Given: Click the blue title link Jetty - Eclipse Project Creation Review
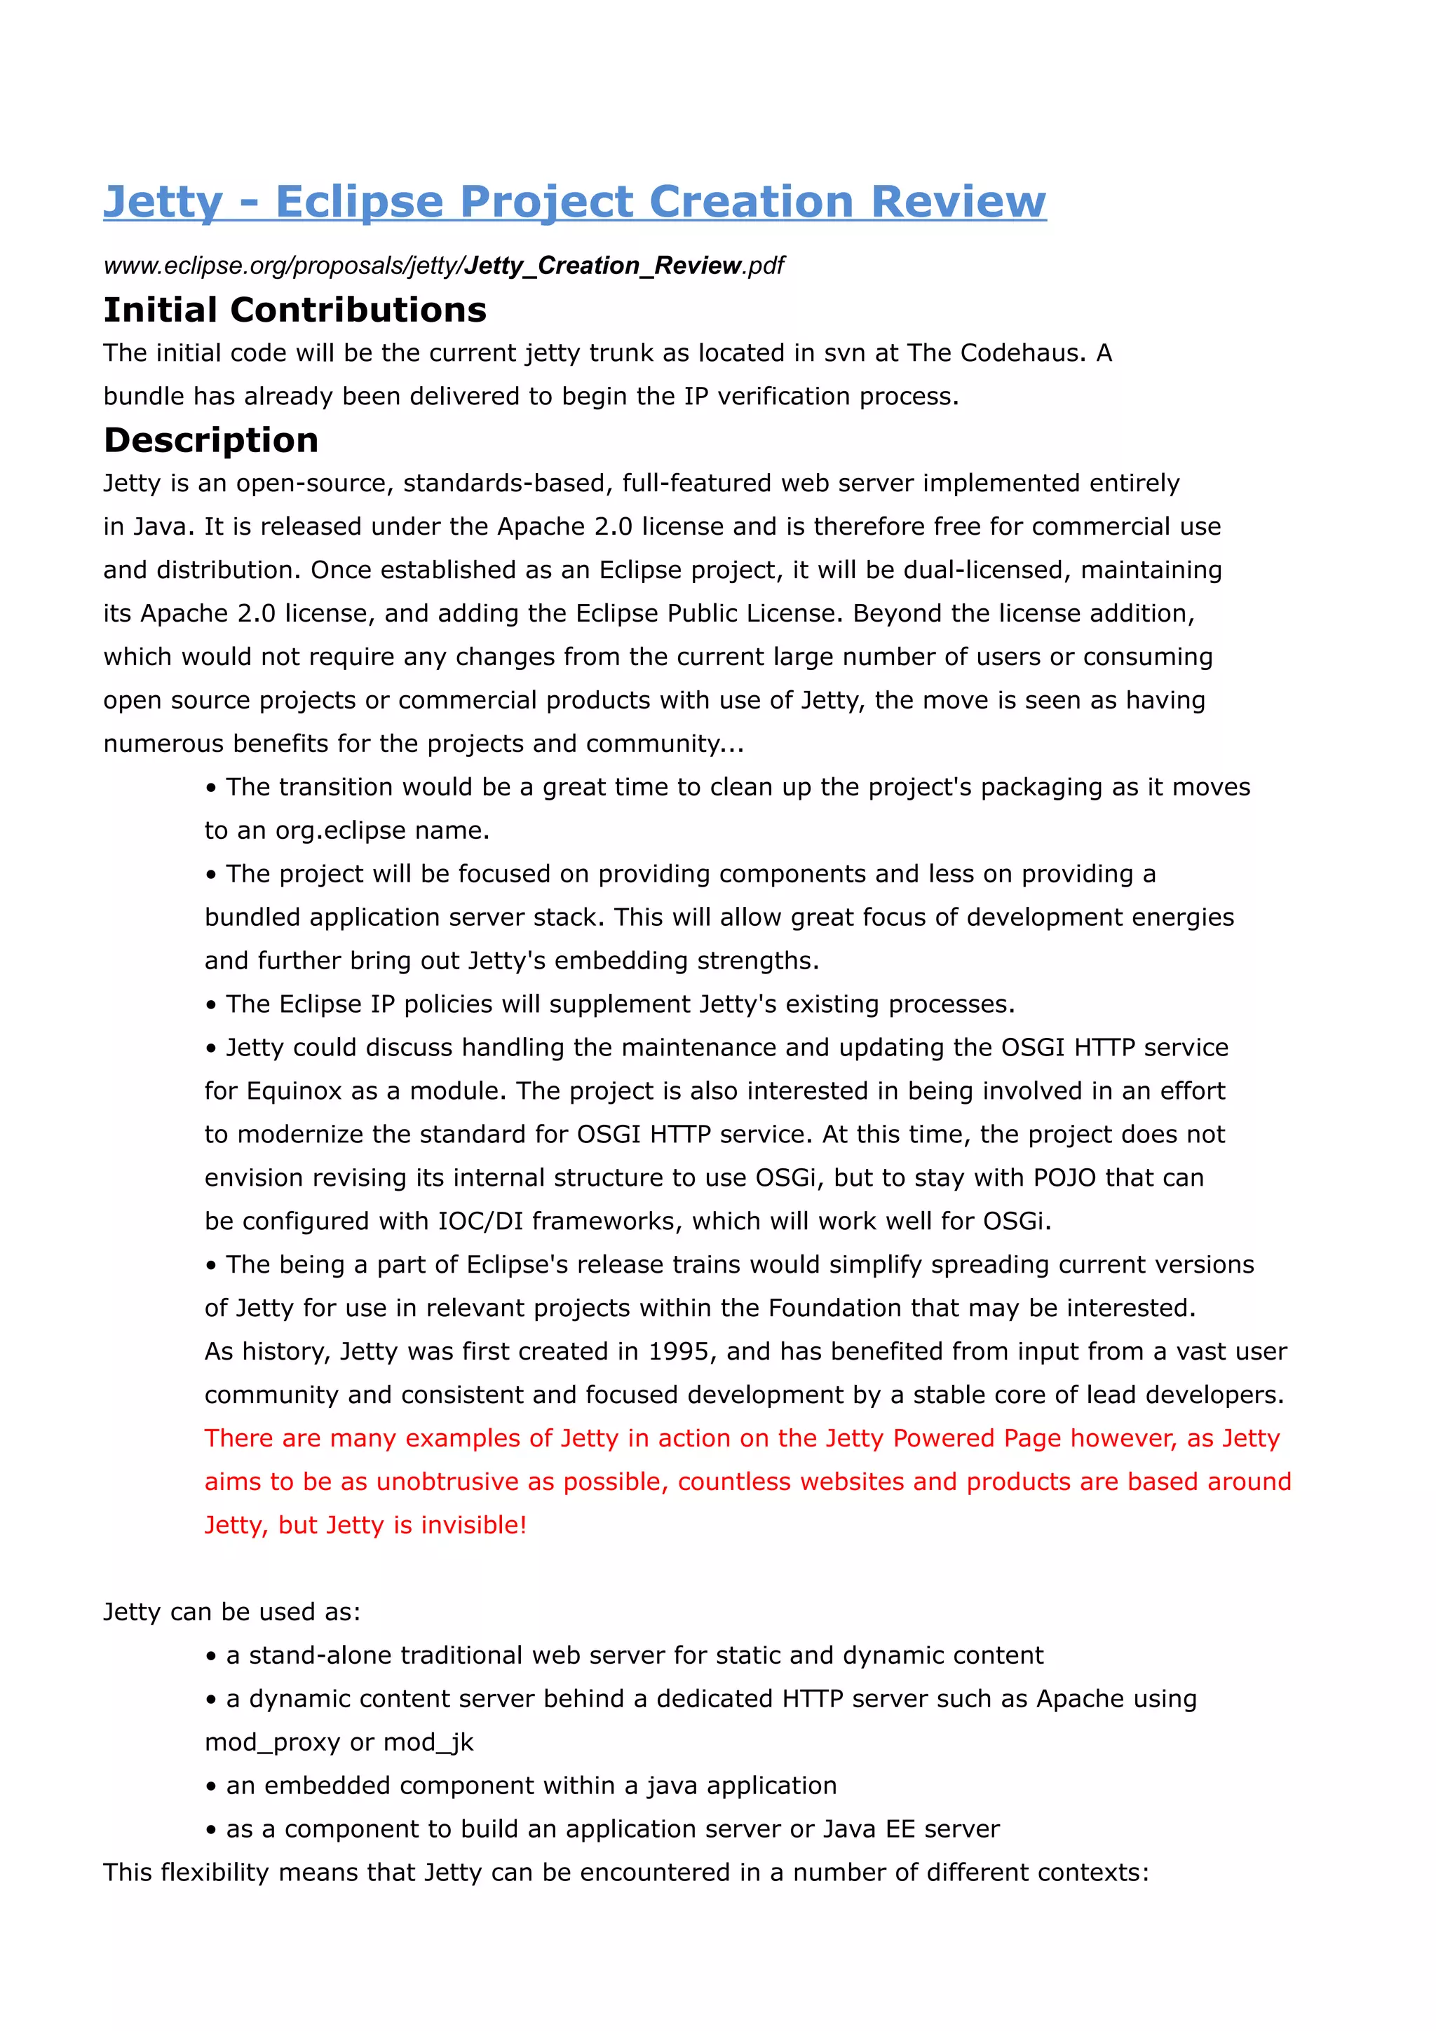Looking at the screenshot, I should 574,201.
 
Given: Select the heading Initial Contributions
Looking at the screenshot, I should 294,310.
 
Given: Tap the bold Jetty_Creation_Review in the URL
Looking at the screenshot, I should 602,266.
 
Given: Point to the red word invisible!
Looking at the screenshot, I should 473,1525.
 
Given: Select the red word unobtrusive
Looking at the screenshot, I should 448,1482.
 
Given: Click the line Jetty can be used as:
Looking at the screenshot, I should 232,1612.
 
